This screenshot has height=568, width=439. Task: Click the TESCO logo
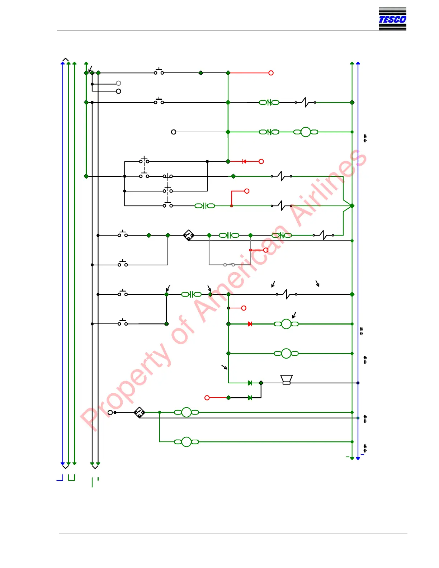click(392, 19)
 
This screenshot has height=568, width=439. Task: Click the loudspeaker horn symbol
click(286, 379)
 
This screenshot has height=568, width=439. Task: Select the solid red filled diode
click(250, 324)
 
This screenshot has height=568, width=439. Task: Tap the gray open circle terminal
click(118, 83)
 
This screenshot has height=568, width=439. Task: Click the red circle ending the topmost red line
click(271, 73)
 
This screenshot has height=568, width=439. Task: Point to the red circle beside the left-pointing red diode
click(261, 161)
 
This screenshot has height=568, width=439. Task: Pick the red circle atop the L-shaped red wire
click(247, 191)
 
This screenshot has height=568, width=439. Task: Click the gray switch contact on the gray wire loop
click(229, 265)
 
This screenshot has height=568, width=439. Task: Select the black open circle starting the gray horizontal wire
click(174, 132)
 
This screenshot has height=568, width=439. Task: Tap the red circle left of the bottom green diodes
click(207, 398)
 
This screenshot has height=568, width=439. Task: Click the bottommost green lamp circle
click(187, 442)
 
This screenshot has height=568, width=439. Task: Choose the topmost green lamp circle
click(306, 132)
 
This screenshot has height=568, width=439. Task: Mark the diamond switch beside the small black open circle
click(139, 412)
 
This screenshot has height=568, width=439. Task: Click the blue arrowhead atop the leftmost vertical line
click(63, 63)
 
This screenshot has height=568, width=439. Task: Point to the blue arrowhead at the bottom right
click(358, 458)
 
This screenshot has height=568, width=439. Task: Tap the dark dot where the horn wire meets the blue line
click(358, 383)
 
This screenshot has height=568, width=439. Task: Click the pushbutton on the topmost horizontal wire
click(159, 72)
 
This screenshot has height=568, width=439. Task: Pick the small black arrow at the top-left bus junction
click(90, 68)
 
